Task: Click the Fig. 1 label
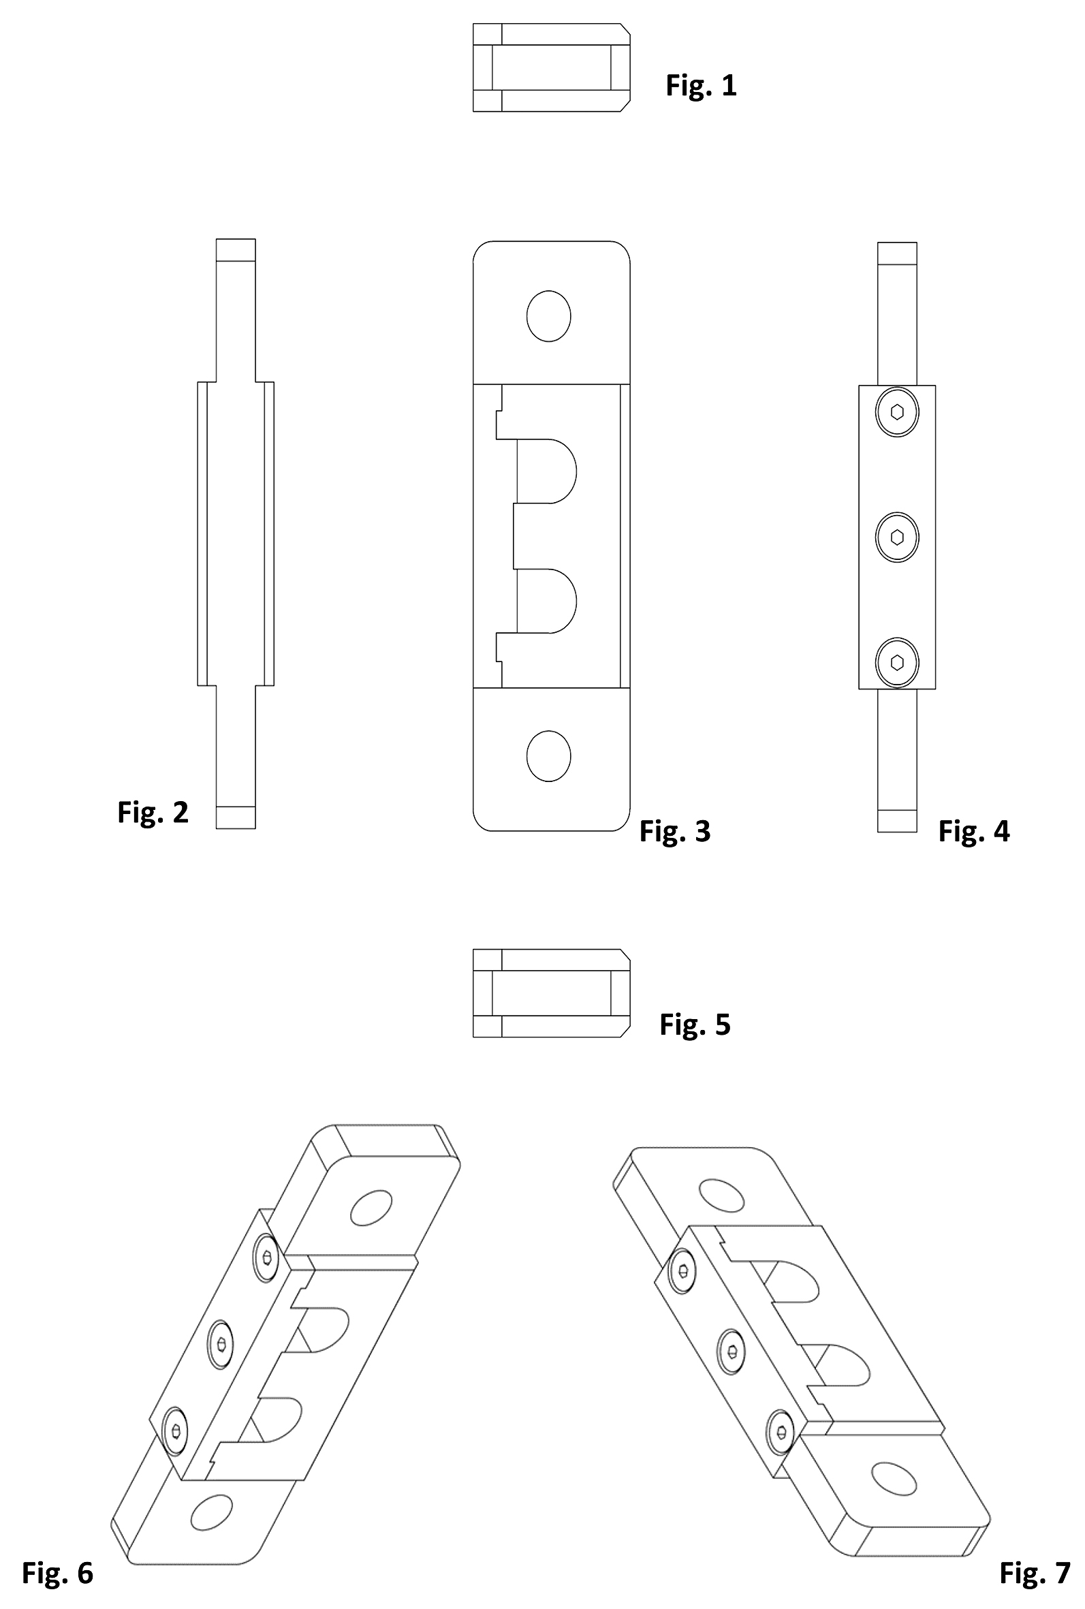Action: click(701, 85)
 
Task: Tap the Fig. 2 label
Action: click(153, 812)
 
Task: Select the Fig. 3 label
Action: click(675, 831)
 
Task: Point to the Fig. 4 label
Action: click(973, 830)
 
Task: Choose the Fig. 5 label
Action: click(695, 1025)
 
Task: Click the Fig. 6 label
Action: click(57, 1572)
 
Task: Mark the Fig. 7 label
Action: click(1035, 1573)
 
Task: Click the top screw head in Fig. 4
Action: click(897, 412)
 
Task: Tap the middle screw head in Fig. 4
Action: click(897, 537)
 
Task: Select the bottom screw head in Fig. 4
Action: click(897, 662)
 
